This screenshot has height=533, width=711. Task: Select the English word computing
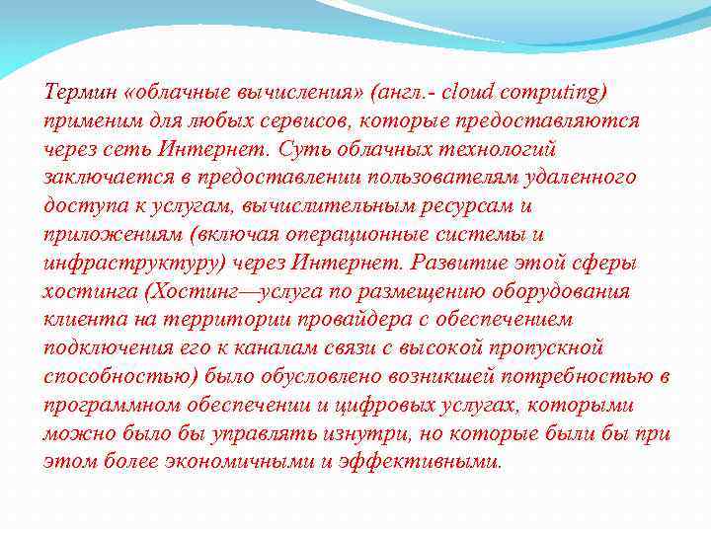tap(554, 93)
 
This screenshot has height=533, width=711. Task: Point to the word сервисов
tap(287, 121)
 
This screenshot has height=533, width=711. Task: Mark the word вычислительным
tap(310, 207)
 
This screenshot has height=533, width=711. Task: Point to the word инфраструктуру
tap(134, 265)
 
